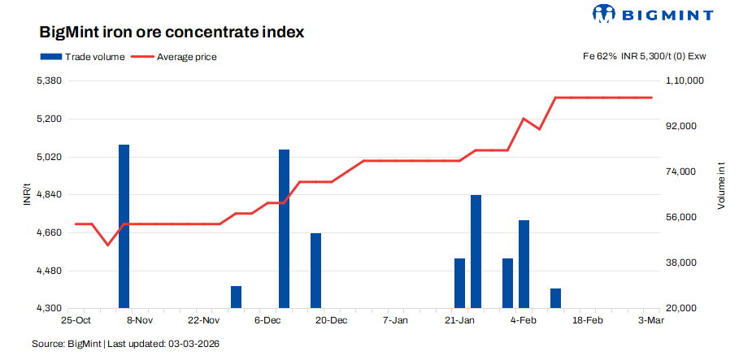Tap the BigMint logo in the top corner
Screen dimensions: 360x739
[x=654, y=14]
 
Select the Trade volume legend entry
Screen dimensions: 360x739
[x=82, y=57]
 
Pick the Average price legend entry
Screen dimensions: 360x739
[x=174, y=57]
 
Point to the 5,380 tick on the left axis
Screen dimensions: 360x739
[x=50, y=81]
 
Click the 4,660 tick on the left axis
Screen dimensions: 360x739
[x=50, y=233]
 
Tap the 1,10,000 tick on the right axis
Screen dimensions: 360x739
[x=684, y=81]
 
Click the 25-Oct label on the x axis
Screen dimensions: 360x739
[x=76, y=321]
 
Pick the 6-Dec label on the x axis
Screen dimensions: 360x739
[x=267, y=321]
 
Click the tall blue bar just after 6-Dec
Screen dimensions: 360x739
[x=284, y=228]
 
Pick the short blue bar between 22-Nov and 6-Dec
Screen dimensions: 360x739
[x=236, y=297]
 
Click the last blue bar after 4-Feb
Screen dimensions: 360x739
[x=555, y=298]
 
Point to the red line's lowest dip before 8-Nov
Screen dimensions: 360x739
[x=107, y=245]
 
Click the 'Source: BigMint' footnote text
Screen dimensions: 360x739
[x=125, y=345]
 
